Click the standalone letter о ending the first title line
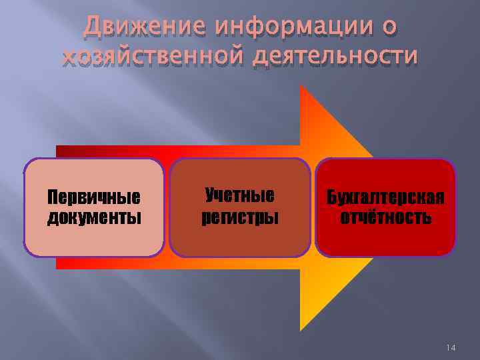(x=389, y=27)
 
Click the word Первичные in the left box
(x=94, y=198)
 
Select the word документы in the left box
(x=94, y=217)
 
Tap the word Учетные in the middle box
(x=240, y=196)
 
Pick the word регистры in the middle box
(x=240, y=217)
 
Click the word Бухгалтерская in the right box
(x=385, y=198)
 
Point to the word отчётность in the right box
(x=385, y=217)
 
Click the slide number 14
(x=451, y=347)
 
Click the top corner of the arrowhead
(x=301, y=87)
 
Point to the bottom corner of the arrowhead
(x=301, y=329)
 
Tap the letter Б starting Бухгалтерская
(x=331, y=198)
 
